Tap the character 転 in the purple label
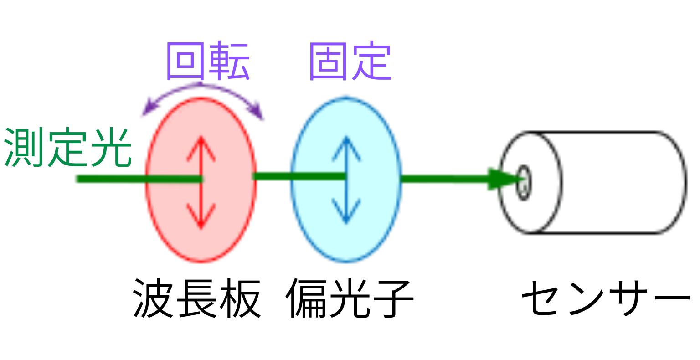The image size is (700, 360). [x=229, y=61]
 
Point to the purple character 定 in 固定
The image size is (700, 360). [x=371, y=62]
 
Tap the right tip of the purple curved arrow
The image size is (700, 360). [x=262, y=118]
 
